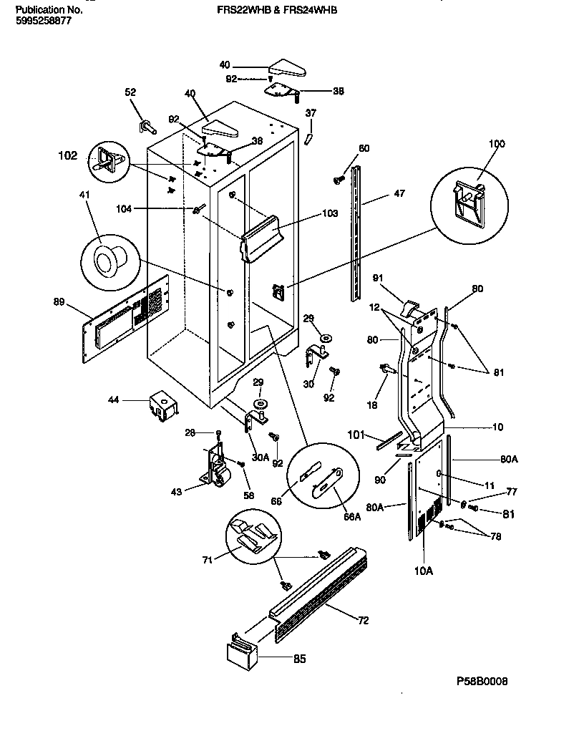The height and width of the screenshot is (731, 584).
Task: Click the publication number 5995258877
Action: click(43, 22)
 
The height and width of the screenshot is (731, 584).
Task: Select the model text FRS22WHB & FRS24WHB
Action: click(276, 11)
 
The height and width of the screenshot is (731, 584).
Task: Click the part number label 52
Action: click(130, 92)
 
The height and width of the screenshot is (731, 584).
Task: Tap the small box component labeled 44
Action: click(163, 406)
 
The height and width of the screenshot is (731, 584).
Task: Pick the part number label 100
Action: click(496, 144)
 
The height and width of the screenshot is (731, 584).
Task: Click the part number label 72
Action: click(364, 620)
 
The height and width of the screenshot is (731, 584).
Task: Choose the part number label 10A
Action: click(424, 571)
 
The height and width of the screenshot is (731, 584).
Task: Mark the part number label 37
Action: click(310, 113)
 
